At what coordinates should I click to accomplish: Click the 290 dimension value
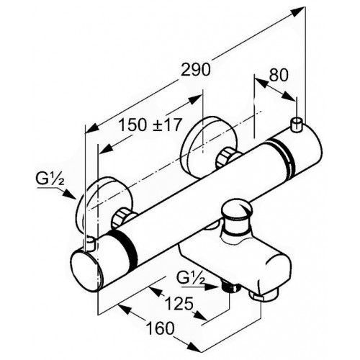pos(196,70)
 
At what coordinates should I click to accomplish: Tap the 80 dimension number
pos(279,75)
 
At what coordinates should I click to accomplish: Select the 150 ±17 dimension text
pos(150,125)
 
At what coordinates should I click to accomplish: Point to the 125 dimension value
pos(179,304)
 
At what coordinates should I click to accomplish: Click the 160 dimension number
pos(161,328)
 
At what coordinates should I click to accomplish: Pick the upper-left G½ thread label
pos(50,179)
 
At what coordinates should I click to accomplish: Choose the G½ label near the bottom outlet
pos(191,278)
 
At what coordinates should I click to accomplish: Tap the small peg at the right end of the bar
pos(297,125)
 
